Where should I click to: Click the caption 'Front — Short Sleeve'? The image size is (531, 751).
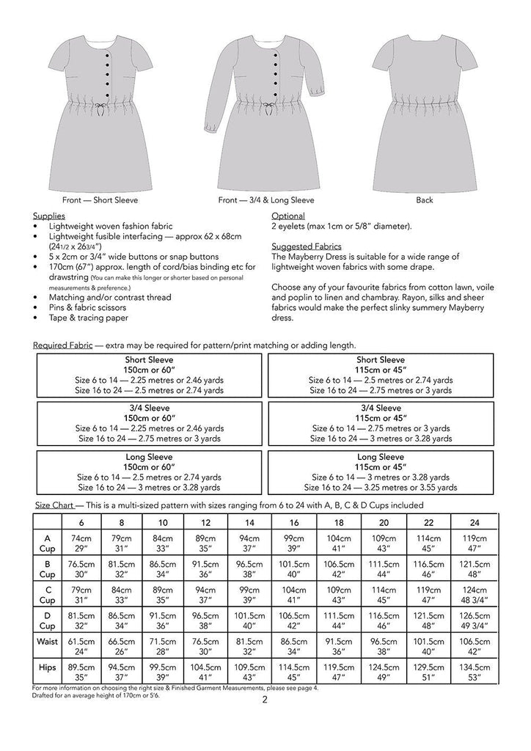(x=101, y=200)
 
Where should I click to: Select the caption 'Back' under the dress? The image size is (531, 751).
(x=424, y=200)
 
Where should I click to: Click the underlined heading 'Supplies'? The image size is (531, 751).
(x=49, y=216)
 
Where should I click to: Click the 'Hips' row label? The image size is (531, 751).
(x=47, y=667)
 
